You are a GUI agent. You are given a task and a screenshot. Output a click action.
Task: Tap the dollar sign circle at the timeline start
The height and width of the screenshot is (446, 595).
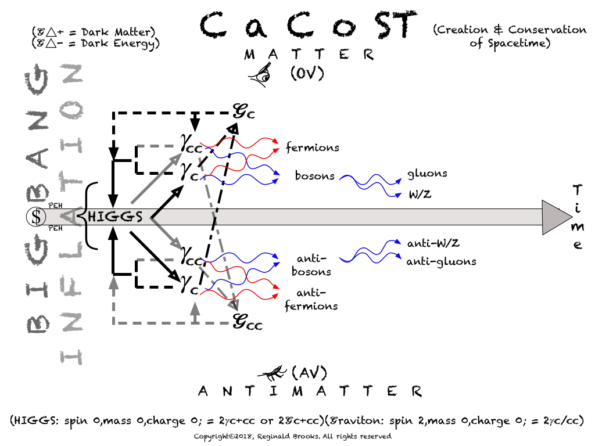tap(37, 217)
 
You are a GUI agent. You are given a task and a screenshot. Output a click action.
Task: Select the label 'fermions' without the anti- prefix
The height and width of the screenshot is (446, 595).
tap(312, 148)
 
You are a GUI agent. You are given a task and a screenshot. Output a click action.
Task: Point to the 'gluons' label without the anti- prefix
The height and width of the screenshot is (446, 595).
tap(427, 173)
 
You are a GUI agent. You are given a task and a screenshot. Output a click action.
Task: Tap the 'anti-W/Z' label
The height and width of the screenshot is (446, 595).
tap(436, 243)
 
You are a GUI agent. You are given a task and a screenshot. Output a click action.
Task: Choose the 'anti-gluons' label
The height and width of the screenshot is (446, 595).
tap(441, 261)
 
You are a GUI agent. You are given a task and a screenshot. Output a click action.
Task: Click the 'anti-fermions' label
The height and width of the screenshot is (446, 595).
tap(311, 300)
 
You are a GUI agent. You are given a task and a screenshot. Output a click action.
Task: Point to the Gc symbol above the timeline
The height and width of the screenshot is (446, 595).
tap(243, 110)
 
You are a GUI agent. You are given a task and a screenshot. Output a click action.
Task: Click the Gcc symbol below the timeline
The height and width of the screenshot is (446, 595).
tap(247, 321)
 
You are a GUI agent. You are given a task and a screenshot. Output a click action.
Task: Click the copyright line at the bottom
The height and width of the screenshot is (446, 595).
tap(292, 436)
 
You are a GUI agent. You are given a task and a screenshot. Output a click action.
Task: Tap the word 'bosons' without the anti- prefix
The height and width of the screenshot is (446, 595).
tap(314, 175)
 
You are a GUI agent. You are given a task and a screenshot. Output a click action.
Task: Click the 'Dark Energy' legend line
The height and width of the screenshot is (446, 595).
tap(96, 43)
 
